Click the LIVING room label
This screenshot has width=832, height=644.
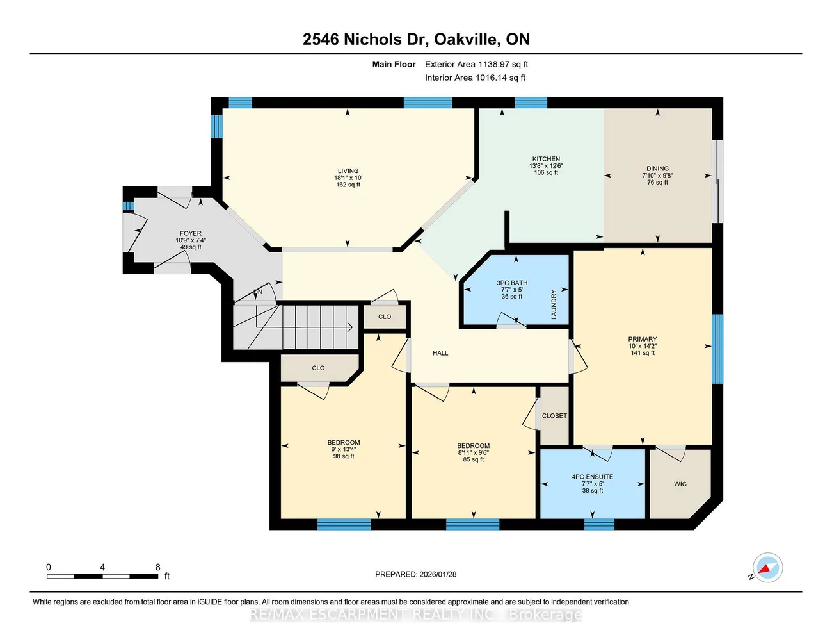click(348, 171)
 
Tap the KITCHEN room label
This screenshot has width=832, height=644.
click(546, 159)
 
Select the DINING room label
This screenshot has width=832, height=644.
click(657, 169)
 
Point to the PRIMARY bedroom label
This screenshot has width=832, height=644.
click(643, 339)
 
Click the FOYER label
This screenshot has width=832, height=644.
click(191, 233)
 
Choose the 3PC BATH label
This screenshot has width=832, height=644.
click(512, 283)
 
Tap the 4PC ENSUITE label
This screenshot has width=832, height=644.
click(593, 477)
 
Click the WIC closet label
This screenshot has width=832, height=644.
click(680, 484)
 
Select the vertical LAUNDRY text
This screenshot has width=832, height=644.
click(554, 304)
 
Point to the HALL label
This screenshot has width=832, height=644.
click(440, 353)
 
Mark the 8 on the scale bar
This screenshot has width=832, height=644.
click(158, 567)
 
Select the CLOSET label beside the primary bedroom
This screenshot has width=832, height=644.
click(554, 416)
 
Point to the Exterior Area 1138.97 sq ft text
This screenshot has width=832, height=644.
click(476, 64)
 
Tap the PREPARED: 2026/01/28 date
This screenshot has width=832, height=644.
click(416, 574)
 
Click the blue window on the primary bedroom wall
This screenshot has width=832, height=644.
click(717, 349)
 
